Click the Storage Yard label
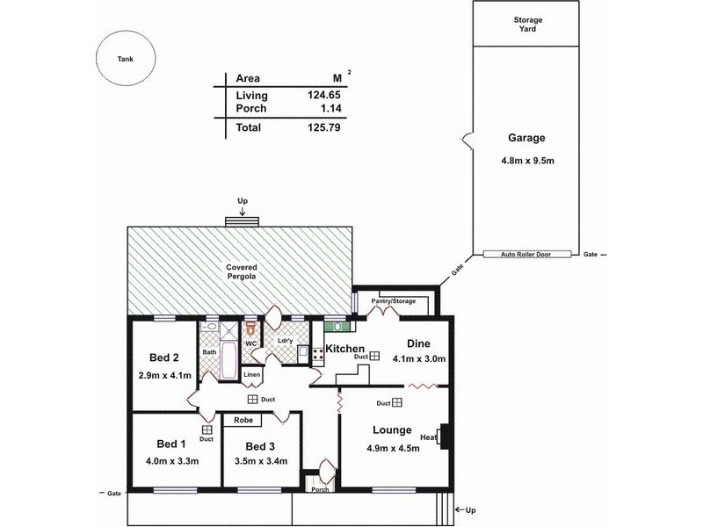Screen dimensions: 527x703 [528, 24]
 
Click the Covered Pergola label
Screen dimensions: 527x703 [242, 271]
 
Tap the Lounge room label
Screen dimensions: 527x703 [392, 430]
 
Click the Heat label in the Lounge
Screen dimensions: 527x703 [429, 437]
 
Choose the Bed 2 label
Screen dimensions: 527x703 [163, 357]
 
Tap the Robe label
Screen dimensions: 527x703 [243, 421]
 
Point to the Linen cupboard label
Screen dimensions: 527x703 [252, 374]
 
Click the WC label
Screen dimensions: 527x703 [250, 343]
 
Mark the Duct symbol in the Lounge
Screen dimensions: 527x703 [397, 403]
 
